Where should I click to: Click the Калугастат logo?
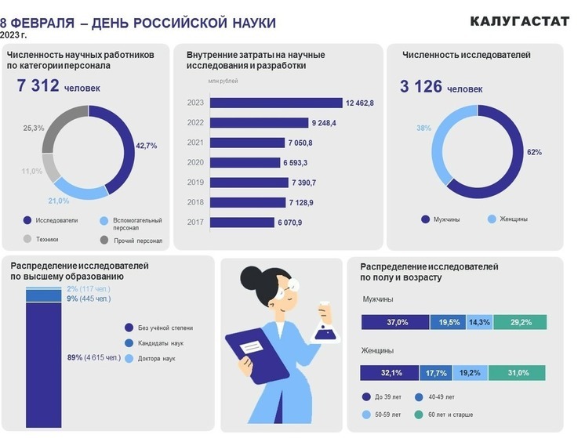tap(519, 21)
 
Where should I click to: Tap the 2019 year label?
tap(195, 182)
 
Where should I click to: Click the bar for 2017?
tap(242, 223)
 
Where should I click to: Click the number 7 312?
tap(38, 85)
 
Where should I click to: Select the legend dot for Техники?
tap(28, 239)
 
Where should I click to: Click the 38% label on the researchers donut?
tap(424, 128)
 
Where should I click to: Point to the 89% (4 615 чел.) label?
tap(94, 358)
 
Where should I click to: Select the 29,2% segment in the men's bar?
tap(520, 322)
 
